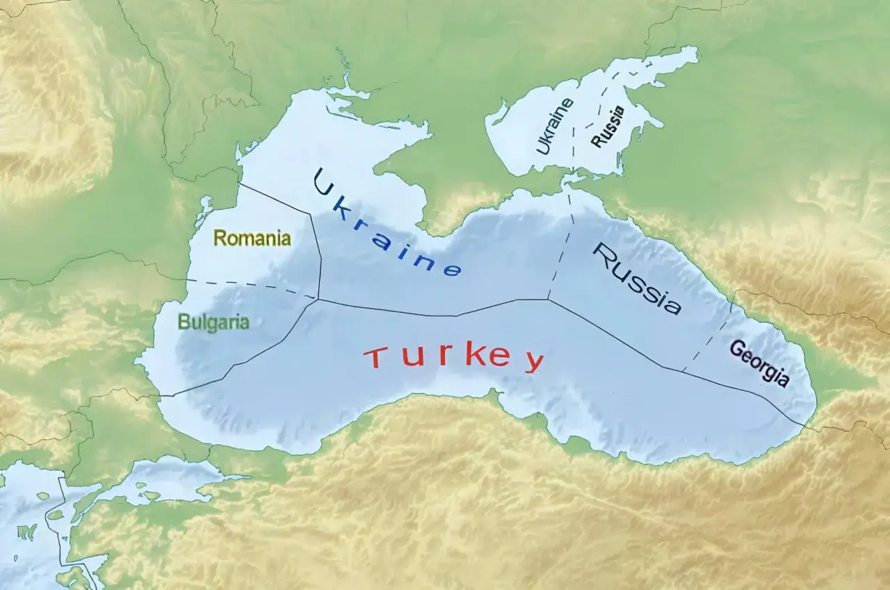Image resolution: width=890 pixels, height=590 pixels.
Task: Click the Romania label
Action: (x=252, y=238)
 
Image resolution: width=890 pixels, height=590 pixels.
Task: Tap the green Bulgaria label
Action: (x=213, y=322)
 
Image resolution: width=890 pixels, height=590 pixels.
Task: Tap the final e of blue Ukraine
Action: (x=451, y=270)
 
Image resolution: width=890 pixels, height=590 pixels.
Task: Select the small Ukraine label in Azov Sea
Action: (x=554, y=126)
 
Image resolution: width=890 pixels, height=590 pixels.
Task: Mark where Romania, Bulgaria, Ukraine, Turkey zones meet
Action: (x=318, y=300)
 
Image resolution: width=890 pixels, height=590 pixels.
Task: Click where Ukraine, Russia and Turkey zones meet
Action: (x=548, y=300)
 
